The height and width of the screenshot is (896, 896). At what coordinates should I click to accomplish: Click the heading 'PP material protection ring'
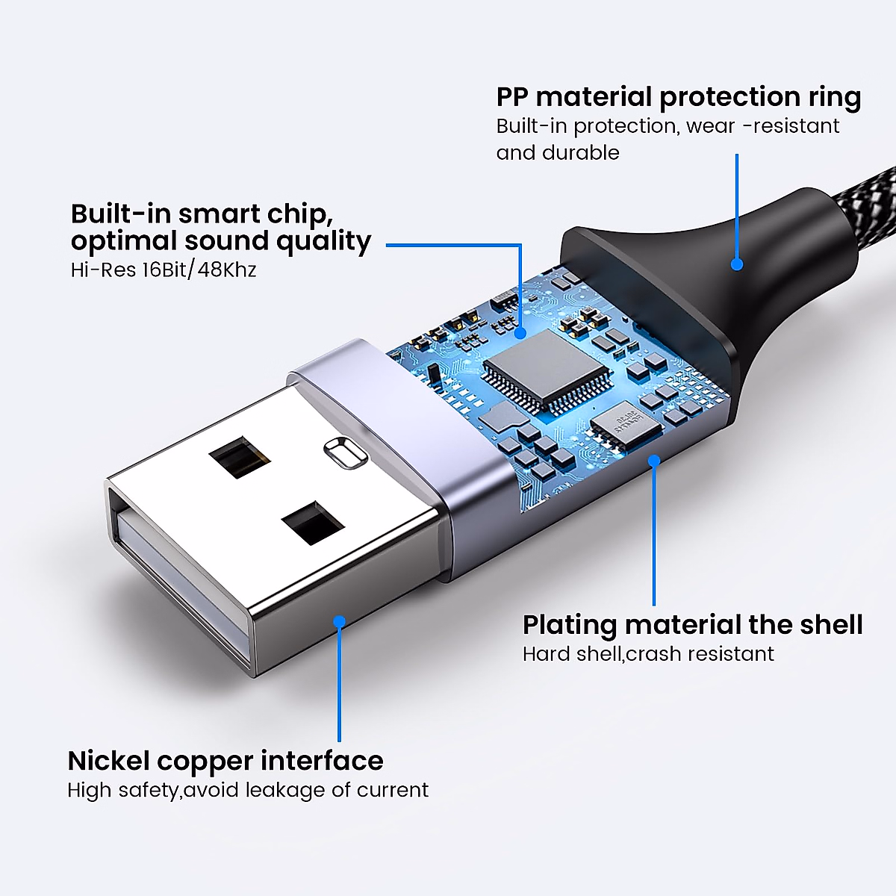click(678, 97)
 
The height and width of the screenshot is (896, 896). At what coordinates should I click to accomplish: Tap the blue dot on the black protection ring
click(737, 264)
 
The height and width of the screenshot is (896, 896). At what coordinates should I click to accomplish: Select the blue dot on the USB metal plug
click(340, 621)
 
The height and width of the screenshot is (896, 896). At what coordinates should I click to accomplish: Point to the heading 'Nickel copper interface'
click(225, 761)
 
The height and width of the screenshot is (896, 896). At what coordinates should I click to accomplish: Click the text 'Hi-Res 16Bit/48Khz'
click(164, 270)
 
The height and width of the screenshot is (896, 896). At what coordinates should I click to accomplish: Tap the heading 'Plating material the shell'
click(692, 624)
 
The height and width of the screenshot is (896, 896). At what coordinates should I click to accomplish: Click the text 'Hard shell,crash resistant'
click(648, 654)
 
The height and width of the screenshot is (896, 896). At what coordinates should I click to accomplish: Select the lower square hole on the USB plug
click(313, 522)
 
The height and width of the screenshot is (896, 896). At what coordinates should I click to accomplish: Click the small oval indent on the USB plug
click(344, 452)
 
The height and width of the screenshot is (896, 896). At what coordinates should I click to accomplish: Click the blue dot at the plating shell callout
click(654, 461)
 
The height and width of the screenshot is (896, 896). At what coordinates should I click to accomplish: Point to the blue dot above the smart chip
click(520, 333)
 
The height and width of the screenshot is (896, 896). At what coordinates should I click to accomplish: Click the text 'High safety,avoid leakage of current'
click(248, 790)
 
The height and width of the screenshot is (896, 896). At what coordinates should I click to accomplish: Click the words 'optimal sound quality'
click(221, 241)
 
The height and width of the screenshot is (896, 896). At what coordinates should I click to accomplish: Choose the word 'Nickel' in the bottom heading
click(109, 761)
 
